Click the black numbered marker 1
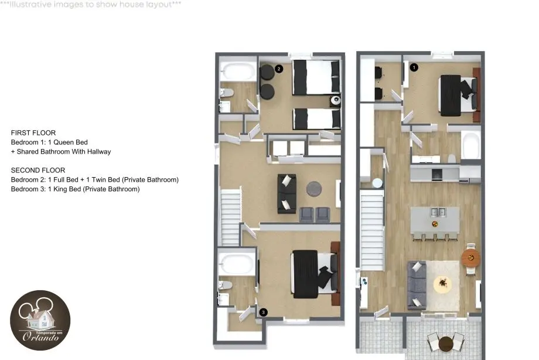point(414,67)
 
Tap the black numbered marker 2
point(279,69)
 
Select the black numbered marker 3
point(263,313)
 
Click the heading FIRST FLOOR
point(33,133)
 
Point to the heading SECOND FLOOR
point(38,171)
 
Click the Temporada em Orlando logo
point(40,320)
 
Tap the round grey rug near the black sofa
point(314,189)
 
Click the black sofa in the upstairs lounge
point(286,193)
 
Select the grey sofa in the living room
point(417,286)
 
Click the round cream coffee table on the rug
point(443,284)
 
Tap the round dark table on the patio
point(446,344)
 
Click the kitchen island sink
point(438,212)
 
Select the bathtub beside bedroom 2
point(238,72)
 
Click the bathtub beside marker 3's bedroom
point(237,264)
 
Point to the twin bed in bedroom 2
point(316,119)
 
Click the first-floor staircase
point(372,230)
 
